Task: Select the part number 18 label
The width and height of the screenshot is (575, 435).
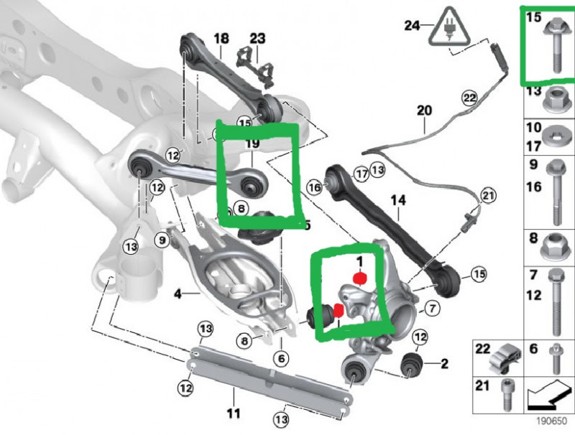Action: pos(221,38)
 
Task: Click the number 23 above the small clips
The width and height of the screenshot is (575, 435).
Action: pos(257,38)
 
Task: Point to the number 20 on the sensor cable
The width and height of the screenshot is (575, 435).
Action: pos(424,111)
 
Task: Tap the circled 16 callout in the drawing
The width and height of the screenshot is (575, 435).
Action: pos(313,188)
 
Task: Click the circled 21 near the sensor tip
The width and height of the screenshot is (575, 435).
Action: pos(489,195)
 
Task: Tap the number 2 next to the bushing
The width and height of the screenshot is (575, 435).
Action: pos(444,364)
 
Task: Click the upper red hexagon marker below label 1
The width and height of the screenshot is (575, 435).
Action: pos(362,278)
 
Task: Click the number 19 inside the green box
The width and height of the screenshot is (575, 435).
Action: pos(252,144)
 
